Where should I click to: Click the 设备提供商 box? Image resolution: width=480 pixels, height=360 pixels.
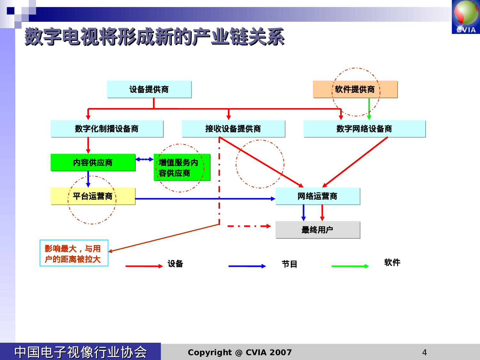tap(149, 89)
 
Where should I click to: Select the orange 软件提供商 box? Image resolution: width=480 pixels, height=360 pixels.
tap(355, 89)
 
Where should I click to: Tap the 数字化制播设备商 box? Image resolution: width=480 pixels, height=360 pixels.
tap(107, 129)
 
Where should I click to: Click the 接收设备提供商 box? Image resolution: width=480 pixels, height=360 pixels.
tap(233, 129)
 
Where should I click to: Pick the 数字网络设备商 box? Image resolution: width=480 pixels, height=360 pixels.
tap(364, 129)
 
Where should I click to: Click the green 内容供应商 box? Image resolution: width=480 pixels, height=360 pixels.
tap(93, 163)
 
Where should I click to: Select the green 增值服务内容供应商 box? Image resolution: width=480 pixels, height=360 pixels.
tap(182, 167)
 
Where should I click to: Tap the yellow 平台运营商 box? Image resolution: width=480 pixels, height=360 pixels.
tap(93, 196)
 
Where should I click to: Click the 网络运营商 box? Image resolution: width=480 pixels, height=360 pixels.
tap(317, 196)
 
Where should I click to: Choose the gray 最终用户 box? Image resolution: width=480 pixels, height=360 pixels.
tap(317, 230)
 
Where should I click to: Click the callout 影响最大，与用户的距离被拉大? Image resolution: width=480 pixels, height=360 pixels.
tap(74, 253)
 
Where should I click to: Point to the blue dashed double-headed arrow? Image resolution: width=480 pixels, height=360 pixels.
tap(144, 159)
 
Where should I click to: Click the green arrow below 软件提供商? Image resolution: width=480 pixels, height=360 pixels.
tap(369, 109)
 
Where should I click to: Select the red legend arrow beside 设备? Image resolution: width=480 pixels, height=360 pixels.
tap(144, 266)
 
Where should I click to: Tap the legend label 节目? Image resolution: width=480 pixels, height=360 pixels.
tap(290, 264)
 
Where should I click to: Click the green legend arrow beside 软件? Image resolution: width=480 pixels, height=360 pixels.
tap(350, 266)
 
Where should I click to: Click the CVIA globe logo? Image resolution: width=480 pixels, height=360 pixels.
tap(466, 17)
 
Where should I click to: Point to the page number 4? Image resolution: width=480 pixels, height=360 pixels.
tap(424, 352)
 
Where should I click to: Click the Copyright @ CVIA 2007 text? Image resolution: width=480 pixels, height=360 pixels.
tap(240, 352)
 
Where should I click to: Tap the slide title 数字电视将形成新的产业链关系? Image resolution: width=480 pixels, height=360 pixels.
tap(155, 37)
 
